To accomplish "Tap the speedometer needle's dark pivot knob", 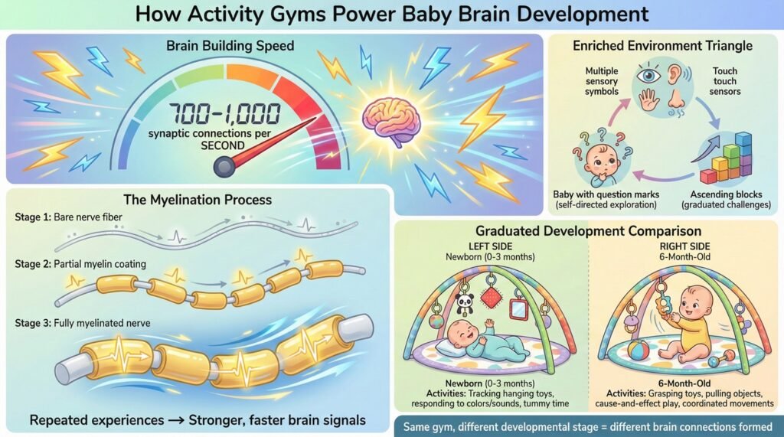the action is [224, 167].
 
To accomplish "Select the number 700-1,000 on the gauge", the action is [224, 113].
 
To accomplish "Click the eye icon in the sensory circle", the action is [648, 77].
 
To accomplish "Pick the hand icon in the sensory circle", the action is [650, 100].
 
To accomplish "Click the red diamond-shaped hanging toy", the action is [492, 298].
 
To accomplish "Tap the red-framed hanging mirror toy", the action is [518, 308].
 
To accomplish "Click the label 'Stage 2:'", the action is [33, 264].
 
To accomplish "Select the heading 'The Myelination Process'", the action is [198, 200].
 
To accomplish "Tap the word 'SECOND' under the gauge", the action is [223, 146].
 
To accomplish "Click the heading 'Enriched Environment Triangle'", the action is [662, 46].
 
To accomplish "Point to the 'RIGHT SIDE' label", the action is [685, 246].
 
